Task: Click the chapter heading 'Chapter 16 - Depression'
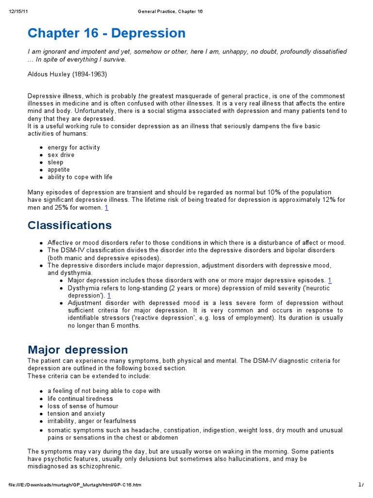coord(106,33)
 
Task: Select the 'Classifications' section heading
coord(69,226)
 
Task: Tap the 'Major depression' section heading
coord(78,350)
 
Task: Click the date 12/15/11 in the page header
coord(17,12)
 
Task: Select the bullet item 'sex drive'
coord(61,155)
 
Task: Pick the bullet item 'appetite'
coord(58,170)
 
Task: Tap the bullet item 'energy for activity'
coord(73,147)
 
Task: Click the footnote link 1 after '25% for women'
coord(106,208)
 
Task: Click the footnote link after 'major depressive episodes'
coord(330,280)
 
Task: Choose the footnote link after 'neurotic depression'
coord(109,295)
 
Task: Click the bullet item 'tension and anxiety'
coord(76,413)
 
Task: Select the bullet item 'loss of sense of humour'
coord(83,406)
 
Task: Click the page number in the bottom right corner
coord(360,484)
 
